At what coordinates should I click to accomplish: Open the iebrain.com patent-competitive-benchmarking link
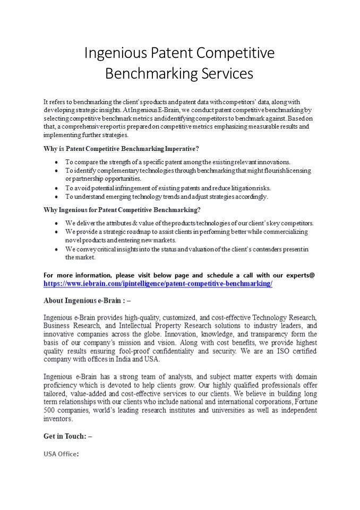(x=158, y=284)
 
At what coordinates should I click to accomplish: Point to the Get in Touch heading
(x=67, y=436)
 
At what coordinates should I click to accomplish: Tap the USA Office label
(x=61, y=454)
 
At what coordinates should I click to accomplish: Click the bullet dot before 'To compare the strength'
(x=57, y=161)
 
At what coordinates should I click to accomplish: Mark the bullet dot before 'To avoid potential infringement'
(x=57, y=188)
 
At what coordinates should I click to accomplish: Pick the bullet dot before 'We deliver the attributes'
(x=57, y=223)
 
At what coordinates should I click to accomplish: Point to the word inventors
(x=58, y=419)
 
